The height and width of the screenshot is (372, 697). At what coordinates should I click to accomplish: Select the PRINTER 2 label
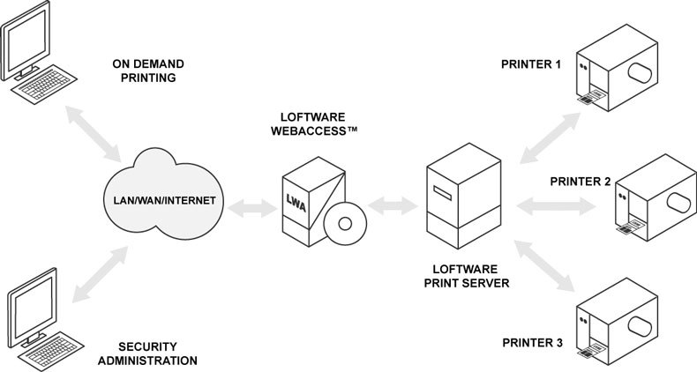581,182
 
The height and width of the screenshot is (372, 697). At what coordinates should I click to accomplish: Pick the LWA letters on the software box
296,202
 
